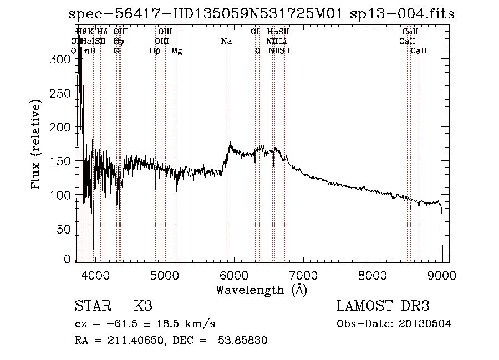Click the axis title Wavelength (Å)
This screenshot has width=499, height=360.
point(261,290)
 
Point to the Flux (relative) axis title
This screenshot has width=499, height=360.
point(37,145)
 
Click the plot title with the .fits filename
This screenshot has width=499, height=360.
point(261,14)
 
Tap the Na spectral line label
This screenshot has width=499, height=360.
point(226,42)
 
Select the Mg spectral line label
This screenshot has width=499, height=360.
point(176,51)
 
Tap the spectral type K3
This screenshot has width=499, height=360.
point(143,307)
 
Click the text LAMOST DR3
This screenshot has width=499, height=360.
point(383,307)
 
